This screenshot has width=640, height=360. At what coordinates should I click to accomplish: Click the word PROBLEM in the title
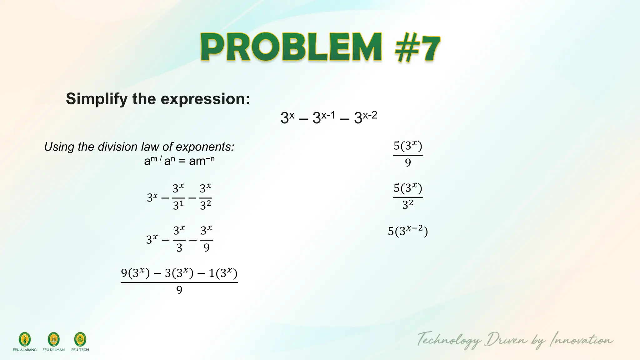291,48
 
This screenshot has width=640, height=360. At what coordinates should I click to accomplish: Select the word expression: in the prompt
205,99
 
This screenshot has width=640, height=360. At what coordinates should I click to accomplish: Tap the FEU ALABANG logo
25,340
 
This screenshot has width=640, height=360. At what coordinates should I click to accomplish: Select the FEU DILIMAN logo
53,340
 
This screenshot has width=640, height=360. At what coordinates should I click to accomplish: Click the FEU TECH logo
80,340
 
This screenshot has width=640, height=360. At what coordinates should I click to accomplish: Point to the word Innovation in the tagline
581,340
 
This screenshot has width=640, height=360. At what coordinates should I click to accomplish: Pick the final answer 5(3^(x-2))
408,231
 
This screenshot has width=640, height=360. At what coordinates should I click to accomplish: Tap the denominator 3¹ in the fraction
178,206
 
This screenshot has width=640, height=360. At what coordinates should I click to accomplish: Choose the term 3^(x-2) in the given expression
366,117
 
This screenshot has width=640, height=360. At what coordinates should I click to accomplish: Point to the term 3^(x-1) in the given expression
324,117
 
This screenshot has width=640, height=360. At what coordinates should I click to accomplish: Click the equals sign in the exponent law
182,161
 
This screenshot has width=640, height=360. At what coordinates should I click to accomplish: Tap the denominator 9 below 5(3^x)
408,162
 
